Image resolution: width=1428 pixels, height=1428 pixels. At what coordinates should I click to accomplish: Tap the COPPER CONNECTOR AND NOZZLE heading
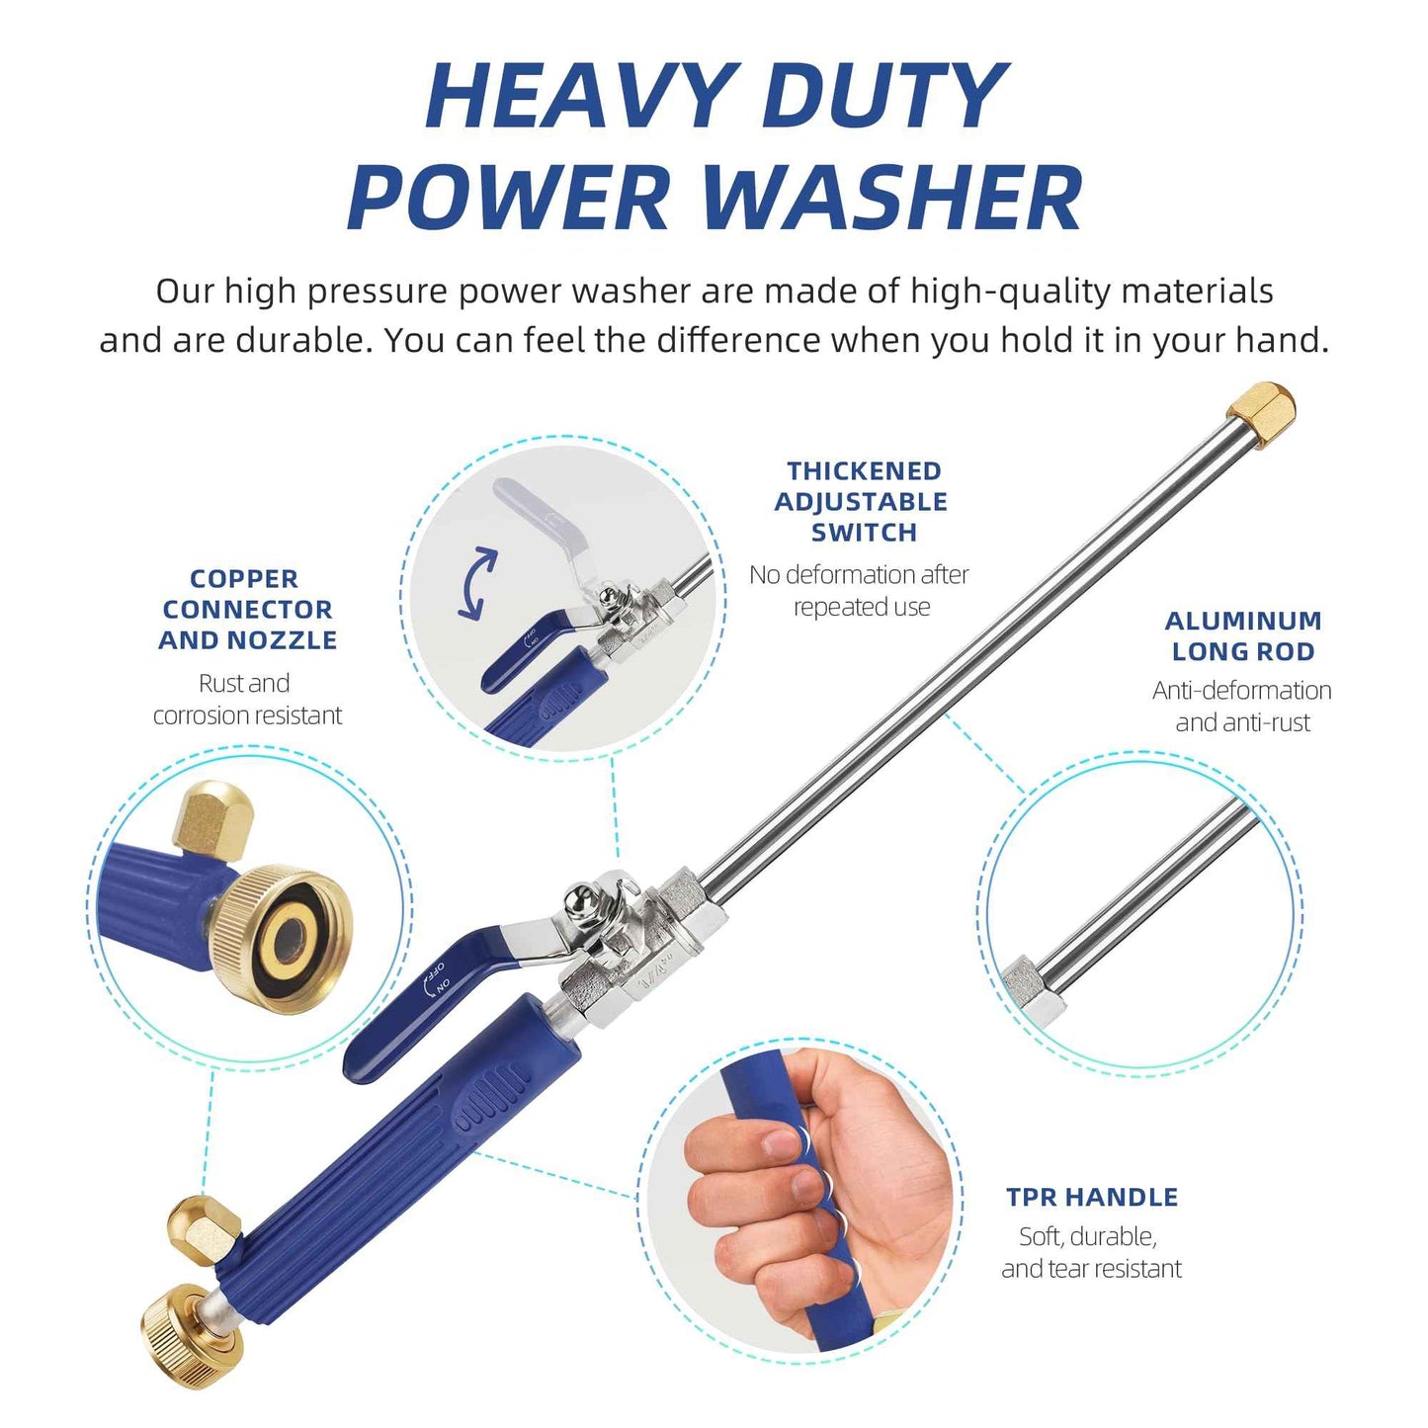coord(247,609)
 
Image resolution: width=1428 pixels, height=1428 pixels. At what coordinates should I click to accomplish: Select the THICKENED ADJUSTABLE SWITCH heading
coord(861,501)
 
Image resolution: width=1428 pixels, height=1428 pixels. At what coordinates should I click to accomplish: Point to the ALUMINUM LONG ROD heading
coord(1242,635)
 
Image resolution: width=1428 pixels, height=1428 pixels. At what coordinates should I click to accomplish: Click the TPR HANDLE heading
coord(1092,1197)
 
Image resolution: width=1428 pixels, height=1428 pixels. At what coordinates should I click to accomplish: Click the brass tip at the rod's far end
coord(1262,414)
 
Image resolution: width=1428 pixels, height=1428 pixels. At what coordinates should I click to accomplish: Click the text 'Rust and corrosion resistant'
coord(247,699)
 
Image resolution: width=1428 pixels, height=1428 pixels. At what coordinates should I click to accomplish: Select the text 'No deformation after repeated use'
coord(859,590)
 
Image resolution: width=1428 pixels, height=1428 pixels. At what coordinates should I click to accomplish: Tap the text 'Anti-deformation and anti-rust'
coord(1242,706)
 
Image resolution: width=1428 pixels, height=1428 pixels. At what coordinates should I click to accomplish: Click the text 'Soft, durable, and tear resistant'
coord(1091,1252)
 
